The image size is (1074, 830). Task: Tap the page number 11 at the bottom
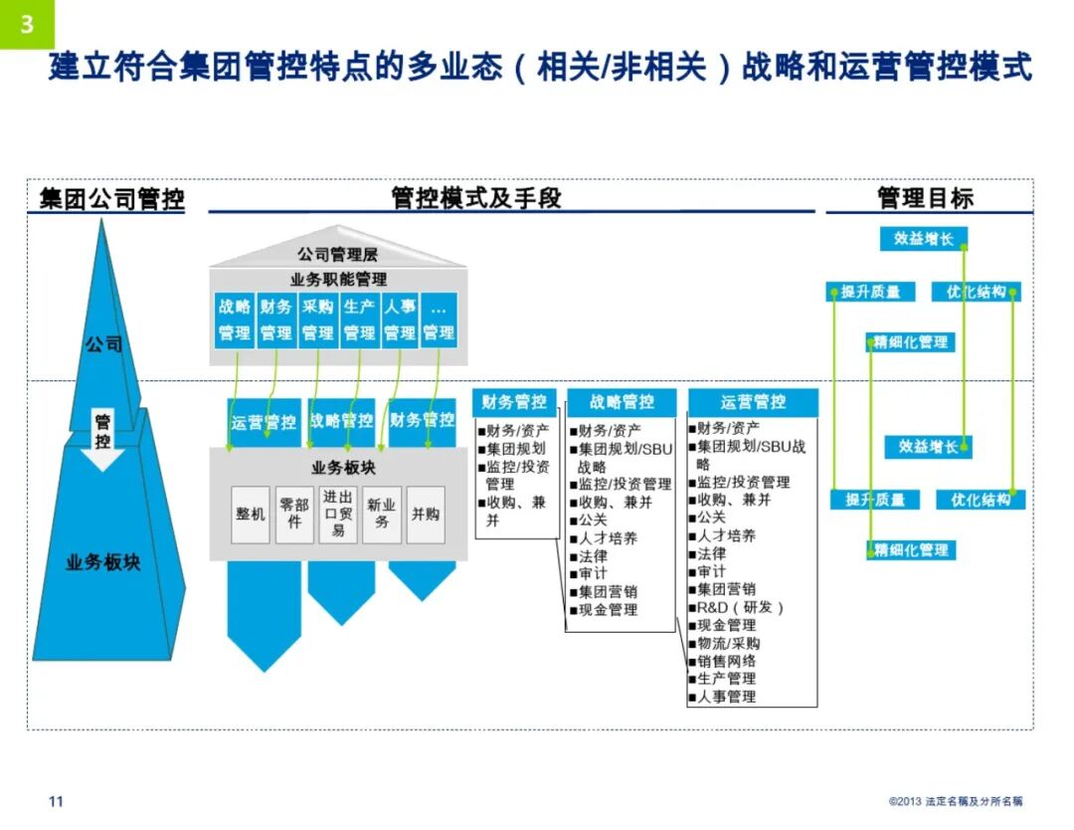tap(57, 801)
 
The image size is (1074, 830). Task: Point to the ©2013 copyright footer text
tap(955, 801)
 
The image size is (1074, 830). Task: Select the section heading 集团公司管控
tap(111, 198)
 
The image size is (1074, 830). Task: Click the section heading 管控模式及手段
tap(476, 198)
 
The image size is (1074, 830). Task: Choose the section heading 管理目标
tap(925, 198)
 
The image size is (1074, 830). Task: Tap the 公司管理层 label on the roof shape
tap(337, 255)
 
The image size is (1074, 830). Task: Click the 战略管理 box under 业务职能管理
tap(235, 319)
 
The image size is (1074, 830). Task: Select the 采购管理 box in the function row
tap(317, 319)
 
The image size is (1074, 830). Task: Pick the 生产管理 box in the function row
tap(359, 319)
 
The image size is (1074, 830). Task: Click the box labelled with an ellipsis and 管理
tap(439, 319)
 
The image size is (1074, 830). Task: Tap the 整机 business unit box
tap(251, 515)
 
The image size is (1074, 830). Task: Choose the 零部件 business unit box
tap(294, 515)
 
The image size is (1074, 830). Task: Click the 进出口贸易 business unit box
tap(338, 515)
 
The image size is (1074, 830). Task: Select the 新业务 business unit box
tap(382, 515)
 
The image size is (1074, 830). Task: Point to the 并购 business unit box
tap(426, 515)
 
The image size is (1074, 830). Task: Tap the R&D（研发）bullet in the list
tap(741, 607)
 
